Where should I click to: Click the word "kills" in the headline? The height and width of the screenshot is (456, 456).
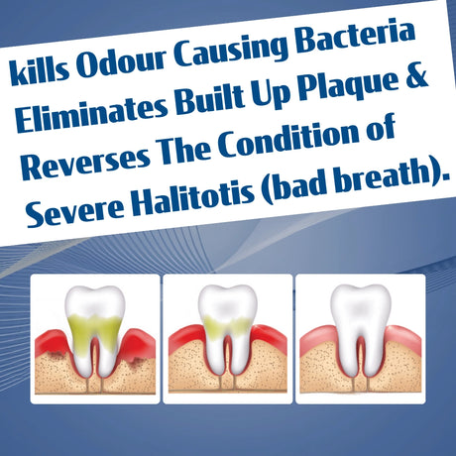(x=37, y=70)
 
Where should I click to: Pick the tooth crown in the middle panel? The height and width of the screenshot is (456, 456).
(x=226, y=302)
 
